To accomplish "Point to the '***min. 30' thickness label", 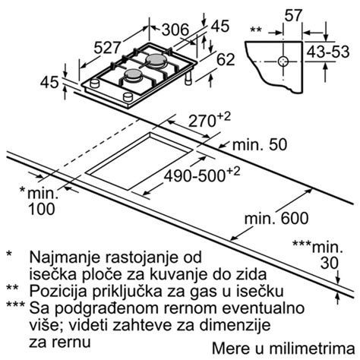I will tap(322, 255).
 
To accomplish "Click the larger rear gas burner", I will tap(157, 60).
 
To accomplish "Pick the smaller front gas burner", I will tap(131, 77).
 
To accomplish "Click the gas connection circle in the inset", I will tap(283, 59).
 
